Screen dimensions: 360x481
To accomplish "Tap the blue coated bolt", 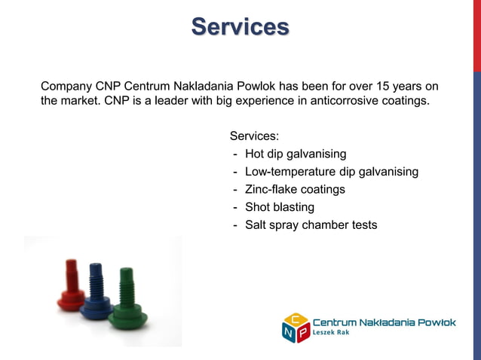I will click(x=97, y=291).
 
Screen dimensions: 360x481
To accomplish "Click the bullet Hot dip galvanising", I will click(x=295, y=154).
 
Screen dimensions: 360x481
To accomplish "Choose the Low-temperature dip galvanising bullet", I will click(x=331, y=172).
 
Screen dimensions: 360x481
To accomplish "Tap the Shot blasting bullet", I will click(x=279, y=207).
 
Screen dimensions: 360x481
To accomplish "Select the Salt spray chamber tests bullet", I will click(x=310, y=225).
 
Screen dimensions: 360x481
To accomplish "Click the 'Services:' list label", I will click(x=254, y=136).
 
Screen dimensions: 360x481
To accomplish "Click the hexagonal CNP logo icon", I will click(x=296, y=327).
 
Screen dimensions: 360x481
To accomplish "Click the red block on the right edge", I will click(x=476, y=36).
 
